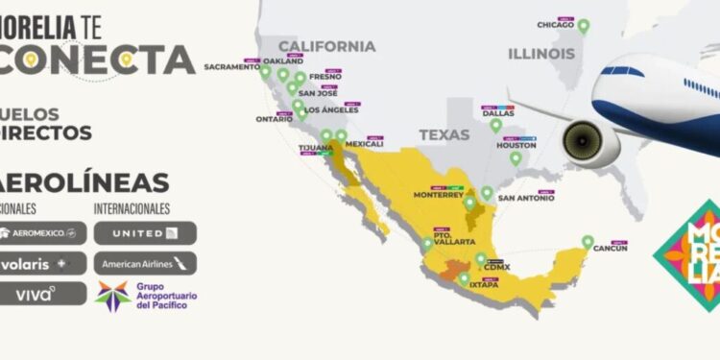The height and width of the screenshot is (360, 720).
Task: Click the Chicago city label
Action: (556, 25)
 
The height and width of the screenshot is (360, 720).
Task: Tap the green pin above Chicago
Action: (583, 26)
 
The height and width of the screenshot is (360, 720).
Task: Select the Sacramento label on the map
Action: (231, 67)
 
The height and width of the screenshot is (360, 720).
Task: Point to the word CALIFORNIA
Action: (326, 46)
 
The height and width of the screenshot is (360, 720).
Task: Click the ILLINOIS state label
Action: (541, 54)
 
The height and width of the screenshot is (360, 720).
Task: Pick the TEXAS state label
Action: (444, 135)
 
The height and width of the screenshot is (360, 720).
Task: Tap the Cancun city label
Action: (611, 249)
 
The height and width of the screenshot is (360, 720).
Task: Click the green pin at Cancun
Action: (588, 242)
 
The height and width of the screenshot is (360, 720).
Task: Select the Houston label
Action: (516, 146)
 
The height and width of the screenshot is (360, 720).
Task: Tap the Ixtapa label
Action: (482, 284)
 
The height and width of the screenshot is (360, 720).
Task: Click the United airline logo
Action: (145, 232)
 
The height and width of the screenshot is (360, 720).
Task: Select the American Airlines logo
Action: (145, 263)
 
